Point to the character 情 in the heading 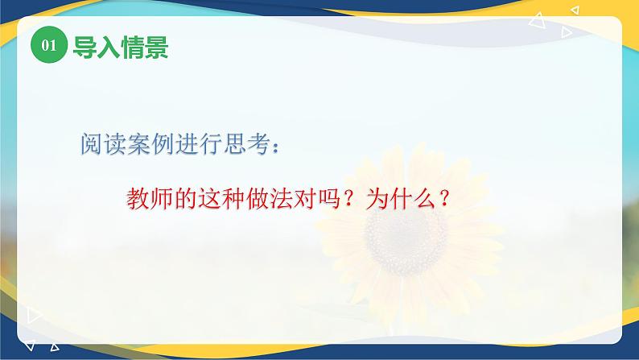point(126,47)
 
